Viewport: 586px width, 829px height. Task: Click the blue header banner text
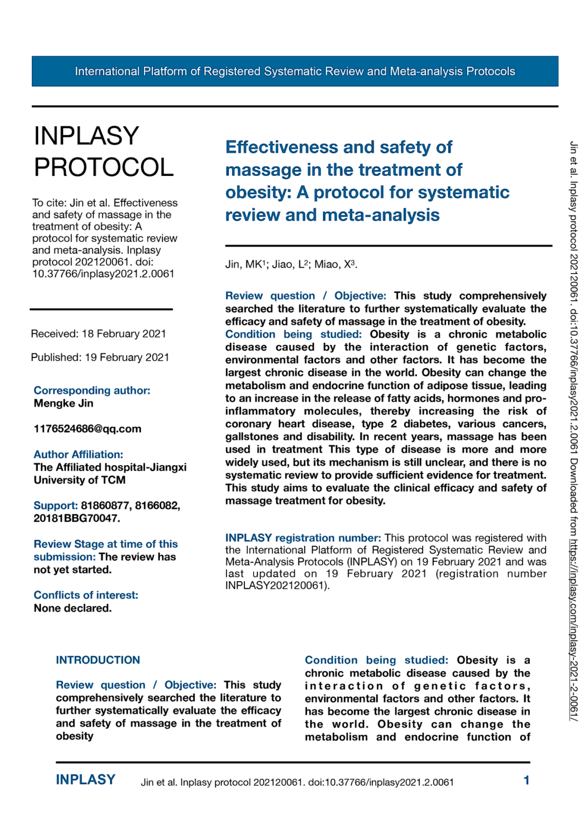(x=295, y=71)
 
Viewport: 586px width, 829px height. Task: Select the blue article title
(x=367, y=181)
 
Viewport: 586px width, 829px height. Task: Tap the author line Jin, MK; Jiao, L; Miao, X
(x=291, y=264)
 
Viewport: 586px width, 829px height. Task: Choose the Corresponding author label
(x=92, y=390)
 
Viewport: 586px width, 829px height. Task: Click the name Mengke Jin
(x=63, y=403)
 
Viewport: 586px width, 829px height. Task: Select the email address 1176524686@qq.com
(x=87, y=429)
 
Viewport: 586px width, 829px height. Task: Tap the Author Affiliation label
(x=78, y=454)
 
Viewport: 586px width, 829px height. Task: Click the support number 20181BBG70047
(x=77, y=518)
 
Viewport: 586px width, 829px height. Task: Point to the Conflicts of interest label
(x=86, y=595)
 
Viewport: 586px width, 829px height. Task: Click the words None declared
(x=72, y=608)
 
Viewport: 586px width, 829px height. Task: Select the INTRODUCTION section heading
(x=98, y=660)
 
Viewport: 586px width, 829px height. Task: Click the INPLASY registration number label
(x=303, y=538)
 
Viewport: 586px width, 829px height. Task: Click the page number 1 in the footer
(x=526, y=780)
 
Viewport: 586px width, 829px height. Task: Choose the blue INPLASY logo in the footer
(x=85, y=780)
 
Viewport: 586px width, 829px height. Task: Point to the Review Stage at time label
(x=106, y=544)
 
